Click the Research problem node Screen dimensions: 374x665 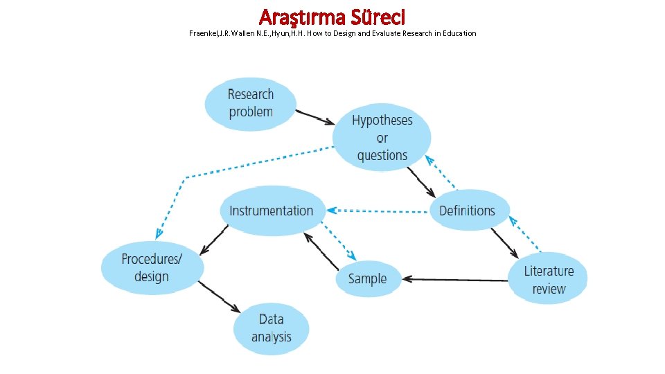(x=250, y=103)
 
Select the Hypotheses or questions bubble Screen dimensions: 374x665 (x=382, y=138)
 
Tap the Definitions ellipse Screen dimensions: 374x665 (x=468, y=211)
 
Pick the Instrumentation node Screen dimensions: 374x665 (x=272, y=211)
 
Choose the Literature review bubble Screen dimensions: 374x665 (x=549, y=280)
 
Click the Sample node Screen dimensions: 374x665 (x=367, y=279)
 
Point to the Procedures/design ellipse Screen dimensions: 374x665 (x=152, y=268)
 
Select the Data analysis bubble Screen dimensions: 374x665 (x=271, y=328)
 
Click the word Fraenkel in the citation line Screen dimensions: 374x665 (x=203, y=33)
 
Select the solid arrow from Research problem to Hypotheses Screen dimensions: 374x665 (x=315, y=116)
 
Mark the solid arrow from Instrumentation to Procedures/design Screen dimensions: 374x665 (x=215, y=238)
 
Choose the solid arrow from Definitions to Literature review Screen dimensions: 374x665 (x=504, y=243)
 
